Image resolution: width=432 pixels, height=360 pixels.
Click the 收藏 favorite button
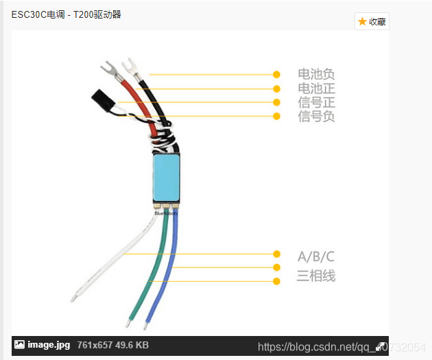[372, 21]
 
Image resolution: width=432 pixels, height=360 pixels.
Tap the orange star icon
[362, 21]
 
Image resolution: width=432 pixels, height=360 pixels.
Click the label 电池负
[316, 74]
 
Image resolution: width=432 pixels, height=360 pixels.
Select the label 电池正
[316, 88]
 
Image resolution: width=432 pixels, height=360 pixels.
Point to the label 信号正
[316, 103]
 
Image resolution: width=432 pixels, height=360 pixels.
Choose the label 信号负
[316, 117]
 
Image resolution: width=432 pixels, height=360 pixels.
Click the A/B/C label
[316, 257]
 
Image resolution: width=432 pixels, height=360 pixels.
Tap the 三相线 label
[316, 276]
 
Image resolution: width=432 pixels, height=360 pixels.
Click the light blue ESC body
[166, 177]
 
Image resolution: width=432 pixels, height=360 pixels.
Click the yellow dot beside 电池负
[276, 74]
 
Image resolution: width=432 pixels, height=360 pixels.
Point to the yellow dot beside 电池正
[276, 88]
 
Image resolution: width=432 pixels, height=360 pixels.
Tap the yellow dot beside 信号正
[276, 103]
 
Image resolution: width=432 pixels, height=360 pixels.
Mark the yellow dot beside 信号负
[276, 117]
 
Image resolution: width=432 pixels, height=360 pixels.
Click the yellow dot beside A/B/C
[276, 254]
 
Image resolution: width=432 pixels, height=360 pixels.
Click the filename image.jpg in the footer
[48, 345]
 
